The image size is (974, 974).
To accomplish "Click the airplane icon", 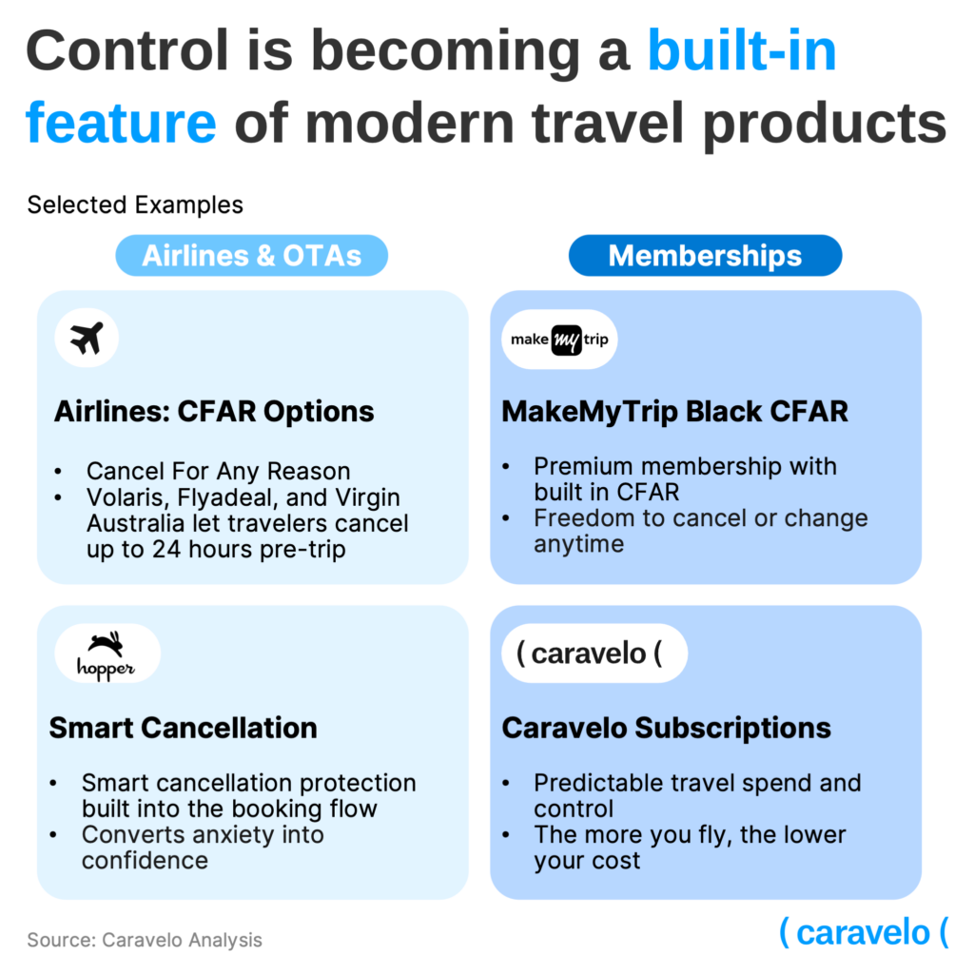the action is (87, 338).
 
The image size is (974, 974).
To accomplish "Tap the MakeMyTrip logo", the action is (559, 340).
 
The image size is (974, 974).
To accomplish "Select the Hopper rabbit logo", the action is (107, 654).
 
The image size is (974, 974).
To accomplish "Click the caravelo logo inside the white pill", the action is (589, 653).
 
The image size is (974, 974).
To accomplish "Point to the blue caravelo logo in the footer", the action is (864, 932).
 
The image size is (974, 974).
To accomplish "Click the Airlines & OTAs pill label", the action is (251, 255).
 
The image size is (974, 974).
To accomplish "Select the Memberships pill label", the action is (705, 255).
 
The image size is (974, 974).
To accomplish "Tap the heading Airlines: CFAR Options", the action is (214, 411).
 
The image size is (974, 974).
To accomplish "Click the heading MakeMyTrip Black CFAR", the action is (674, 411).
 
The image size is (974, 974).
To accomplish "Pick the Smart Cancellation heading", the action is (184, 728).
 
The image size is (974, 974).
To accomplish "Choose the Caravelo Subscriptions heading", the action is (667, 728).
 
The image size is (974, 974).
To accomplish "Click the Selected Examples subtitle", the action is (135, 205).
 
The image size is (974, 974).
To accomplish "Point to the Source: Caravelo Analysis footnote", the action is (145, 940).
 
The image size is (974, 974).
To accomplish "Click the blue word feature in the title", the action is (121, 123).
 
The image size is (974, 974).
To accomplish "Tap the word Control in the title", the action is (128, 51).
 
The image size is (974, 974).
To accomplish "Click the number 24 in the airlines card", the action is (166, 550).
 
